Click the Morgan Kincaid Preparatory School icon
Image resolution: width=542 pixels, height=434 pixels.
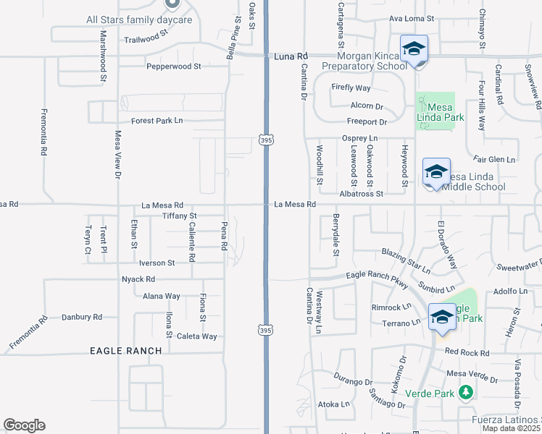[414, 50]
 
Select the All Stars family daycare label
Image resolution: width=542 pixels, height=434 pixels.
[139, 20]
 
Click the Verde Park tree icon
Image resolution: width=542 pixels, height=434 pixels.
[466, 393]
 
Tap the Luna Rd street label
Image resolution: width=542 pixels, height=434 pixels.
[291, 56]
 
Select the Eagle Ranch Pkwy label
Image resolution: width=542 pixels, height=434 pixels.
[376, 275]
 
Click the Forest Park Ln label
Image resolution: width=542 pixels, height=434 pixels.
[157, 121]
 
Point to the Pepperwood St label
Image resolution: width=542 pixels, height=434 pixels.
[173, 67]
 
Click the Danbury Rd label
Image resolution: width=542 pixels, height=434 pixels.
[82, 317]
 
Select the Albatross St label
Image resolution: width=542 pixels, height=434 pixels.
[361, 194]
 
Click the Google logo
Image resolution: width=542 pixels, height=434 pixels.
[24, 425]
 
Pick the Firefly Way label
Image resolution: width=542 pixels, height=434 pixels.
[351, 88]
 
